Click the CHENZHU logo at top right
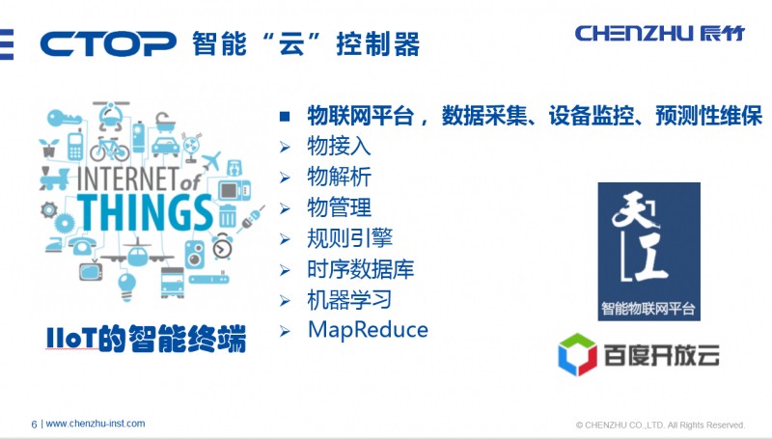[662, 33]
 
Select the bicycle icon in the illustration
[109, 150]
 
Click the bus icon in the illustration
[171, 283]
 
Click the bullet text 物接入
[339, 147]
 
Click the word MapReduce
[368, 330]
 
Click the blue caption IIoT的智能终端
[146, 340]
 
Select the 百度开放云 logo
[639, 354]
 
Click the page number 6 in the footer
[35, 424]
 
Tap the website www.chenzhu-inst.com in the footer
[96, 424]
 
